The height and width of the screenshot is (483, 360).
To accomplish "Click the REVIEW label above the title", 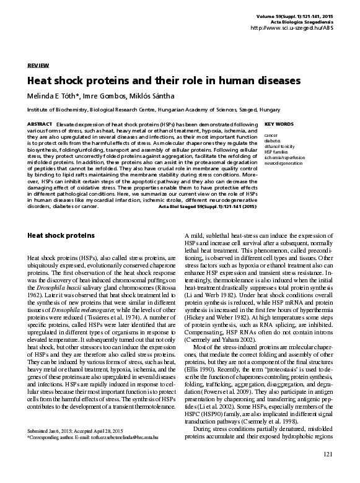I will tap(38, 65).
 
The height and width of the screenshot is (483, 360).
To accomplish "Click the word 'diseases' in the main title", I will tap(271, 81).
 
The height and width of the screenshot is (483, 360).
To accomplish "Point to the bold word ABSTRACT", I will tap(40, 124).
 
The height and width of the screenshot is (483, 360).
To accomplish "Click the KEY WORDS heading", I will tap(278, 124).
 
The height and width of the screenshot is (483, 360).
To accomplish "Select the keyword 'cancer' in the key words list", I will tap(271, 134).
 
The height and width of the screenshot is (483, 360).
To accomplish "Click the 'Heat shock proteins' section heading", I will tap(61, 236).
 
